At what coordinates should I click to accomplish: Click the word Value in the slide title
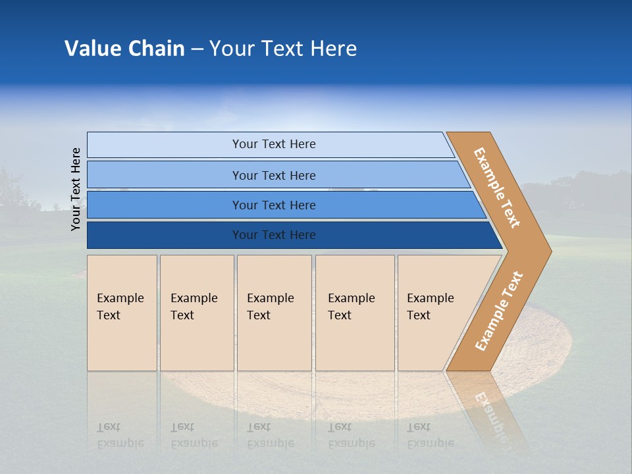92,49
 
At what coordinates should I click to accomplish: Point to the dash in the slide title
197,49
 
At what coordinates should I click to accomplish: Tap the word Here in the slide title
333,49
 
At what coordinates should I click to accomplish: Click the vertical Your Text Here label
76,189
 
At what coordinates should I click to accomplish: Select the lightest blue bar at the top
273,144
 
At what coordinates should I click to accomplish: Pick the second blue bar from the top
273,175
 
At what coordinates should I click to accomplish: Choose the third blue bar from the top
273,205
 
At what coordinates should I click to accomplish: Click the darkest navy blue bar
273,235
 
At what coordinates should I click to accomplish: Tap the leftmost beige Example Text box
122,313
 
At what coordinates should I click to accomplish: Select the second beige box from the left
196,313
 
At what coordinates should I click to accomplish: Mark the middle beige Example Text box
274,313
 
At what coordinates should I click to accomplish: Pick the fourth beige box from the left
355,313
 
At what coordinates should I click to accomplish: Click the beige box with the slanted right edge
434,313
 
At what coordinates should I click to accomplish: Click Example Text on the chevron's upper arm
497,188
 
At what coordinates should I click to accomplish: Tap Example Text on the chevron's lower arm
499,311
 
